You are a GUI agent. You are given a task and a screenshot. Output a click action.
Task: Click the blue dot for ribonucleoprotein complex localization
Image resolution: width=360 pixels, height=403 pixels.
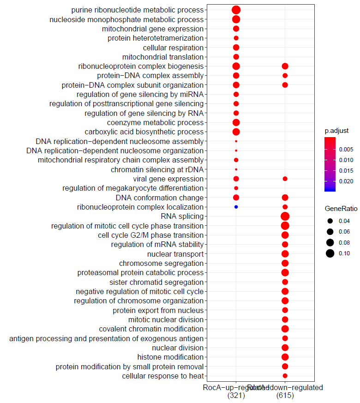[x=236, y=207]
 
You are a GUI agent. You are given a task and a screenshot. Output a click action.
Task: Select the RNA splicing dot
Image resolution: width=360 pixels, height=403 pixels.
[x=285, y=217]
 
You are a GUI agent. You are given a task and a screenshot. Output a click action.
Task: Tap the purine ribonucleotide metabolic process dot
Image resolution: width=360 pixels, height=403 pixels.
[x=236, y=10]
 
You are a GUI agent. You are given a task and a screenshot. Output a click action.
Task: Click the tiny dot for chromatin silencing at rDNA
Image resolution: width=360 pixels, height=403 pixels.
[x=236, y=169]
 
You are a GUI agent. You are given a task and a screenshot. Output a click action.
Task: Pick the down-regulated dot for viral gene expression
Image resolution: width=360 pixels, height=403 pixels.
[x=285, y=179]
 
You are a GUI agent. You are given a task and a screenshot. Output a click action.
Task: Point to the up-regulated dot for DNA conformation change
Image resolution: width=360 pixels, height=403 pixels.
[x=236, y=198]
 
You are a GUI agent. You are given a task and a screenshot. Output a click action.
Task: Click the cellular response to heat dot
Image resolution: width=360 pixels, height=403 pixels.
[x=285, y=376]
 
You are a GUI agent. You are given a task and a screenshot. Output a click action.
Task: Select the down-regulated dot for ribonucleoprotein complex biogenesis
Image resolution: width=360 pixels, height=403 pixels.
[x=285, y=66]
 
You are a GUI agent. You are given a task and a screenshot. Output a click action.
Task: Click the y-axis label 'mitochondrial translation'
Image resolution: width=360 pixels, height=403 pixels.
[x=162, y=57]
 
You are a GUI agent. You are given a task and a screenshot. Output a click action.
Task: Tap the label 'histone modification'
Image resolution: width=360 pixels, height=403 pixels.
[x=170, y=357]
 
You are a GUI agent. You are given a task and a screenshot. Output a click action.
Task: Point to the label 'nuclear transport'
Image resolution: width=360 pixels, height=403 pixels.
[x=175, y=254]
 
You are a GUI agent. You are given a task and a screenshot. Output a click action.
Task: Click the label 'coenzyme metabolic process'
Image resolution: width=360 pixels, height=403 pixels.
[x=155, y=123]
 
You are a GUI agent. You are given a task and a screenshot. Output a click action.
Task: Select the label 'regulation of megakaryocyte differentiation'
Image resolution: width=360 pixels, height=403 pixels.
[x=133, y=188]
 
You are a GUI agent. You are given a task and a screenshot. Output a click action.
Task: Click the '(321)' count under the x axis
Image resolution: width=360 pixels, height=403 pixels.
[x=236, y=396]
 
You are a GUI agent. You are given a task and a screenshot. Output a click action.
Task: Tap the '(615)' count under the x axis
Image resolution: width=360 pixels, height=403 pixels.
[x=285, y=396]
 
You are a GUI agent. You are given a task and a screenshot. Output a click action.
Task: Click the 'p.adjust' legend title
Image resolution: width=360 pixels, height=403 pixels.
[x=336, y=131]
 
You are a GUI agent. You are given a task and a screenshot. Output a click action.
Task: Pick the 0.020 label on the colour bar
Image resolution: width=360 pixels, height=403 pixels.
[x=346, y=181]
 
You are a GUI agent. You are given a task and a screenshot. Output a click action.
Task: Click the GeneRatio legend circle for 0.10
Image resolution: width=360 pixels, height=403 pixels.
[x=330, y=253]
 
